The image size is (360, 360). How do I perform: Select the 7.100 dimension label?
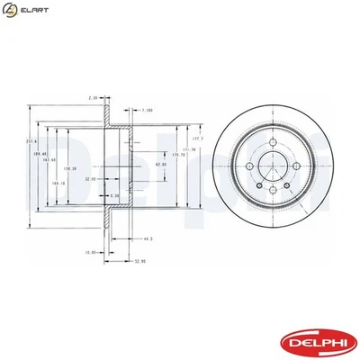click(148, 111)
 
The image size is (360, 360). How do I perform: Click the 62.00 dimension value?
click(159, 165)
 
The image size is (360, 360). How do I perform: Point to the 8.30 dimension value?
click(114, 195)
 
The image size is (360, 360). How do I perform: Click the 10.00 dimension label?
click(91, 252)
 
